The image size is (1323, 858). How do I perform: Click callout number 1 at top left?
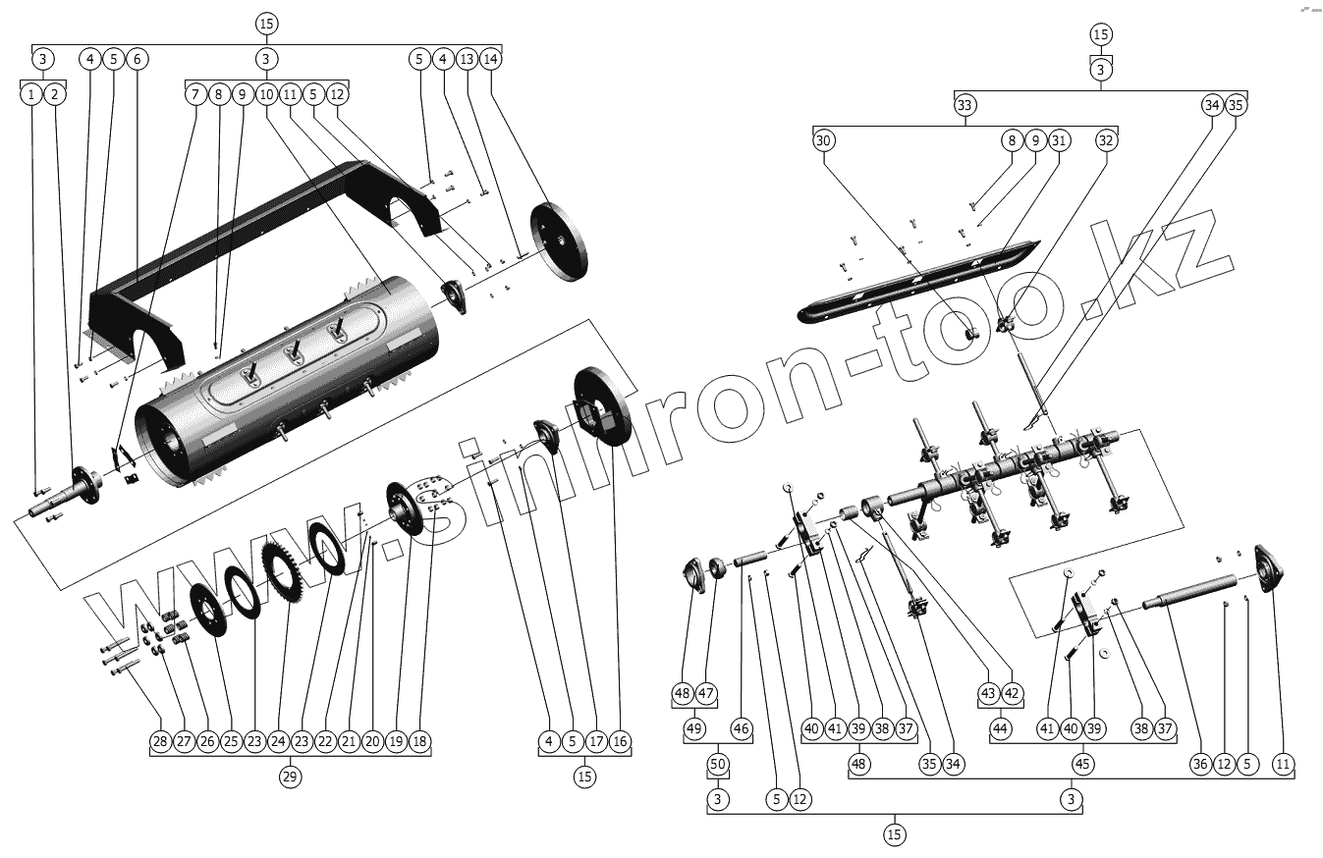31,94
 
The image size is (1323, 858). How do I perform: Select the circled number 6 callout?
137,59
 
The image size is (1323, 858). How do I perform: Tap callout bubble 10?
266,94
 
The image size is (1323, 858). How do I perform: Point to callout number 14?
491,59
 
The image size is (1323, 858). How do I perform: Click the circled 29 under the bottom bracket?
289,777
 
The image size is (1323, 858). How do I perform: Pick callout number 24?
278,741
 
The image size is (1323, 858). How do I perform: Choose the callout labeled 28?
160,741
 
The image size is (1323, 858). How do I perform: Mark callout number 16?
620,741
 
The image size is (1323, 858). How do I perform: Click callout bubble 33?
965,105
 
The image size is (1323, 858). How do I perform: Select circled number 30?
823,140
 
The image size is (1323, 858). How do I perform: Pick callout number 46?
742,729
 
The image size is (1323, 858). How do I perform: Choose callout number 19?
396,741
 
